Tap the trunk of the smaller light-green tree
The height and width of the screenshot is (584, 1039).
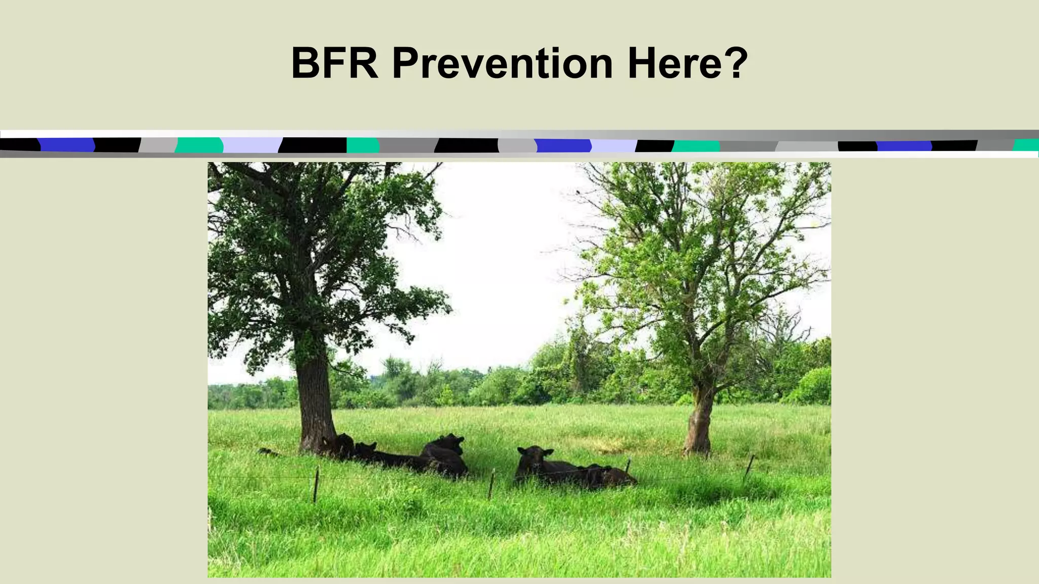tap(700, 421)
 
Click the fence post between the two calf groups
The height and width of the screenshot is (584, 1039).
tap(491, 484)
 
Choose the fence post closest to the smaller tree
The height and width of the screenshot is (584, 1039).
tap(749, 467)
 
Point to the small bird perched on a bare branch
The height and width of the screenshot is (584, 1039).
tap(578, 192)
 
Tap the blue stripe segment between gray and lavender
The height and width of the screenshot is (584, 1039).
tap(563, 146)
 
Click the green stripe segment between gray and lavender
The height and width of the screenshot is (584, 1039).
tap(199, 145)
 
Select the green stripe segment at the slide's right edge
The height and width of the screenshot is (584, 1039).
tap(1027, 145)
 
